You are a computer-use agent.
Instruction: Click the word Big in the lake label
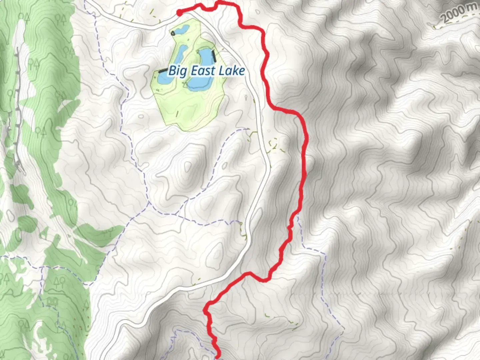tap(177, 71)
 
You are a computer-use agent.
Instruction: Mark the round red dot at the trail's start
tap(179, 13)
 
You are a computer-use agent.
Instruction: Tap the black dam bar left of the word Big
tap(163, 71)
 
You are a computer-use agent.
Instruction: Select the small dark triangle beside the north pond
tap(173, 33)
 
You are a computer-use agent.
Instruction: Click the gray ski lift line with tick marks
tap(17, 110)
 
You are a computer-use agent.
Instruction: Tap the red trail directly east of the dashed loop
tap(304, 144)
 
